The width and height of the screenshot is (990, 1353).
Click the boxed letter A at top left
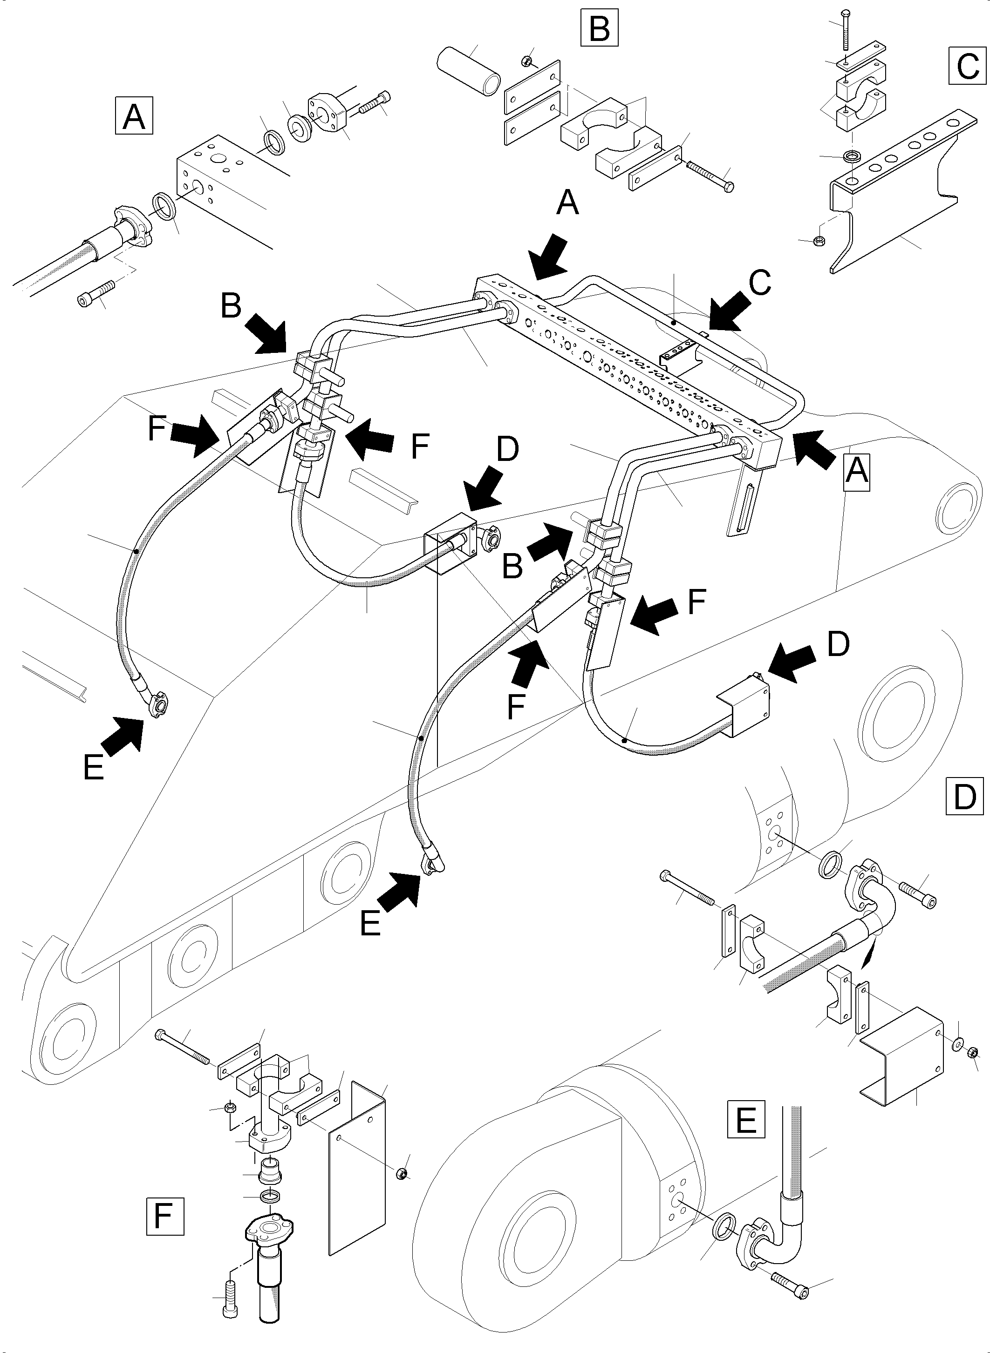point(134,116)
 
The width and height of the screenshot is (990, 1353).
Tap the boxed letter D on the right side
point(964,796)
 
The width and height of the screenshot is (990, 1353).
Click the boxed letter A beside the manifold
point(856,471)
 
